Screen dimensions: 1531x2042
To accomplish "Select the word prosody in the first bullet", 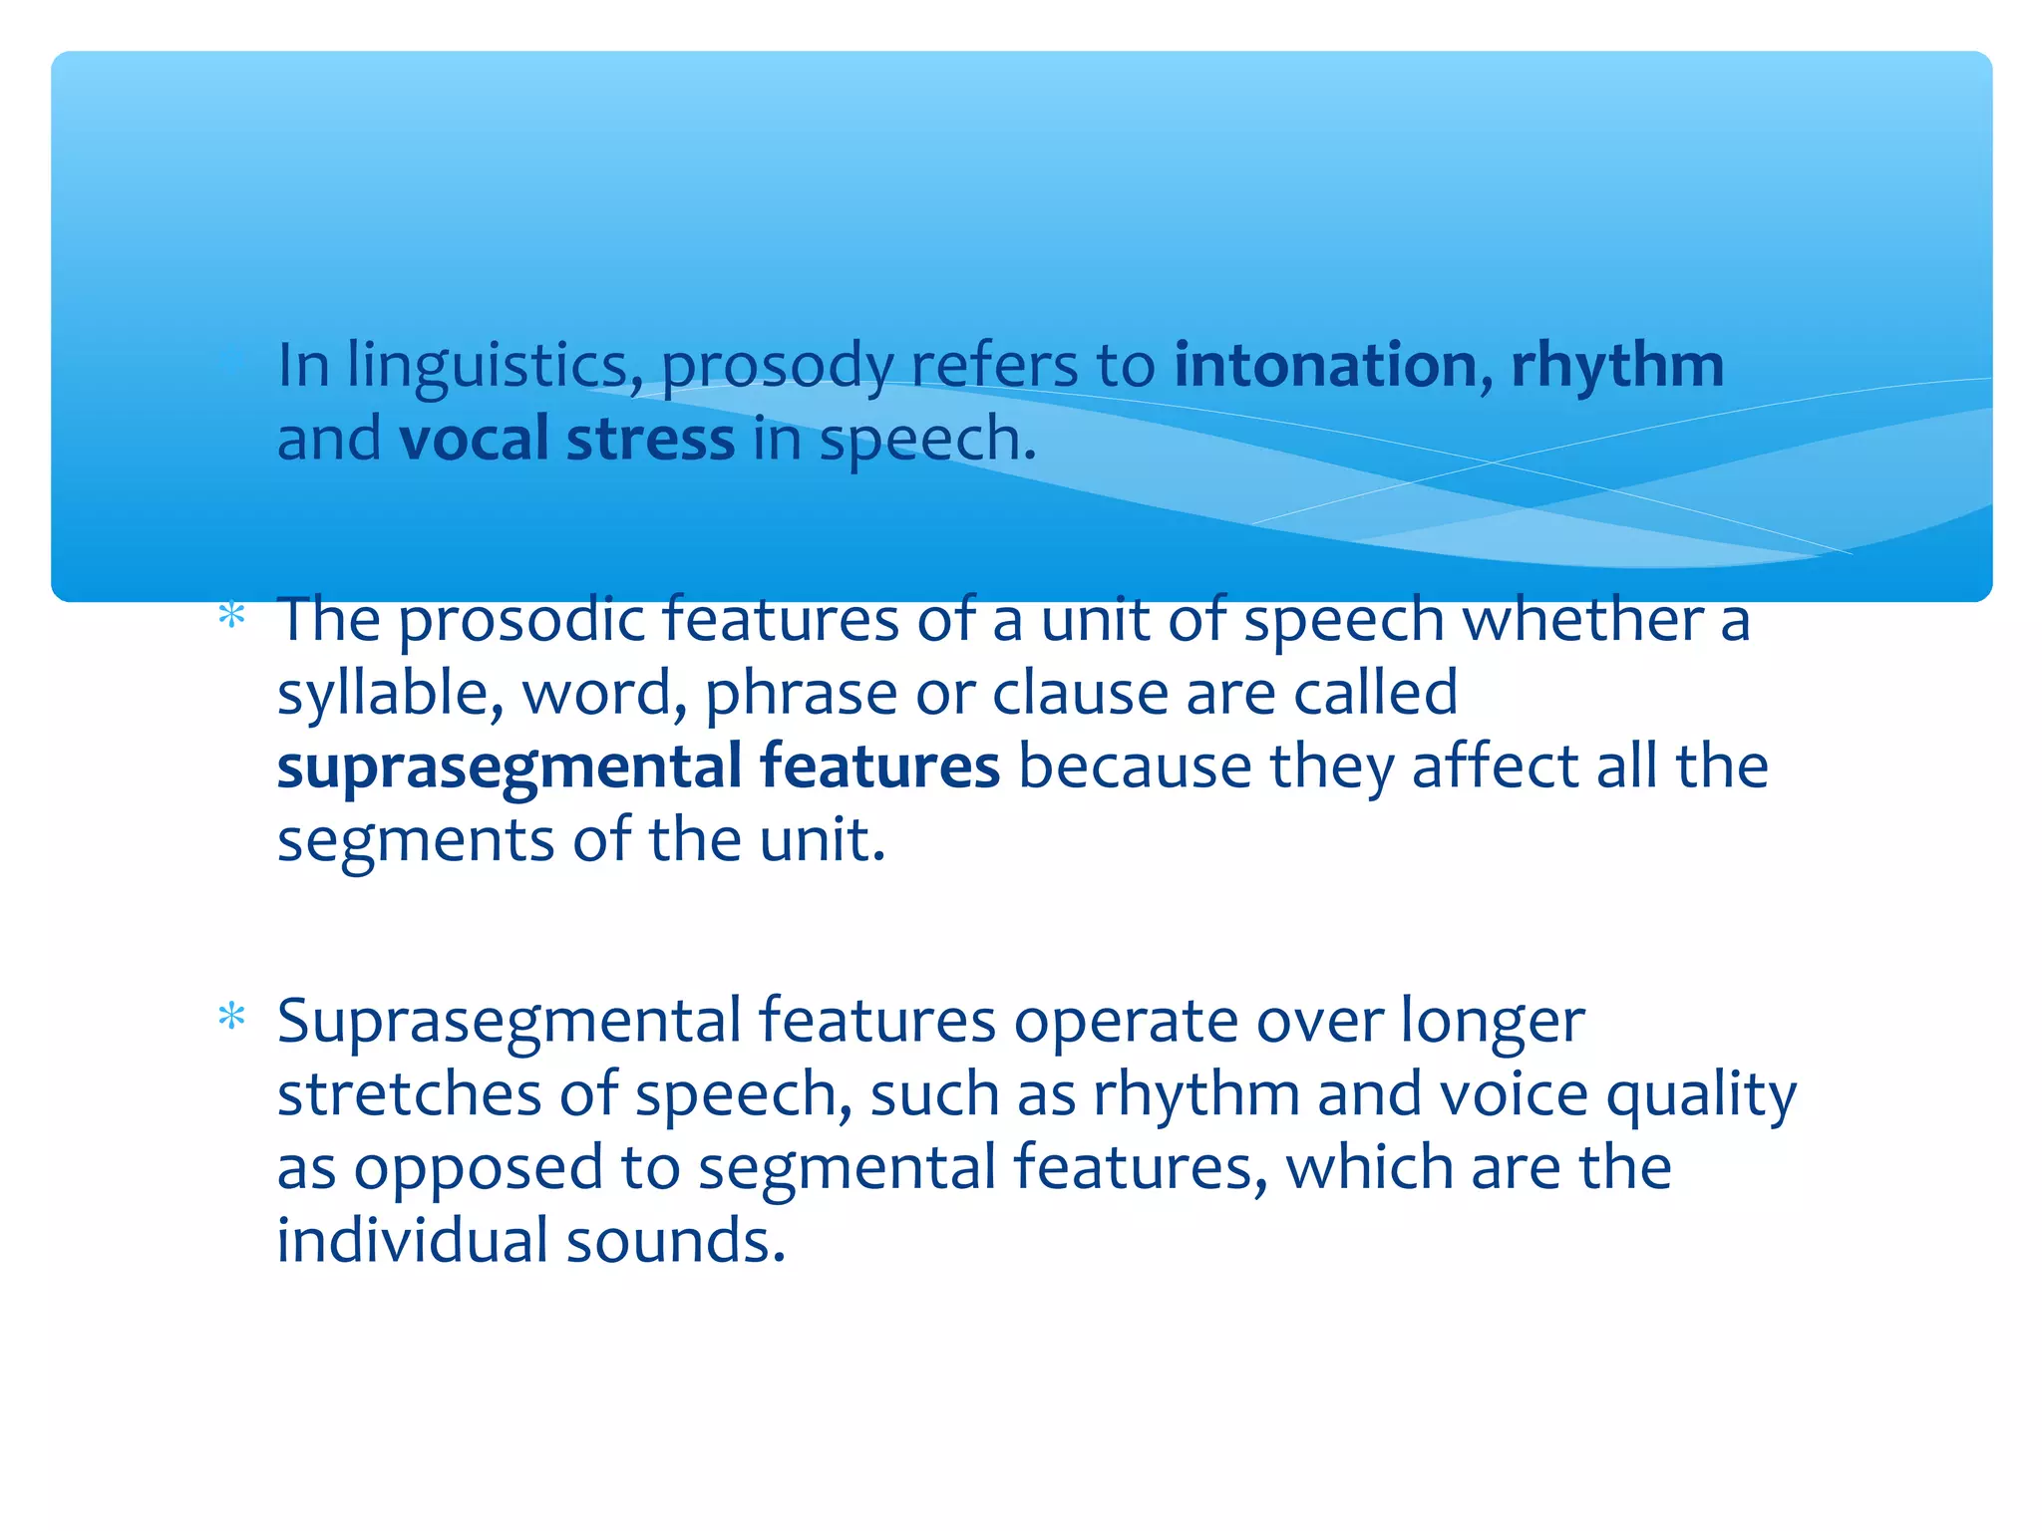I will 777,366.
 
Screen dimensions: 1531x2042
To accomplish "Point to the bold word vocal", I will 474,439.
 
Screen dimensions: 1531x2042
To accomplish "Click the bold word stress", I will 650,439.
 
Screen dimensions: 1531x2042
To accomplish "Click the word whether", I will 1583,619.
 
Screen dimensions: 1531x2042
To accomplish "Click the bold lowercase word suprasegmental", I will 509,767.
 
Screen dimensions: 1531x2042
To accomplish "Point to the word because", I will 1134,766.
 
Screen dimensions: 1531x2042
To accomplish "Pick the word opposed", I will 478,1168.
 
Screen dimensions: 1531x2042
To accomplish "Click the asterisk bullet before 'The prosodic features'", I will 231,616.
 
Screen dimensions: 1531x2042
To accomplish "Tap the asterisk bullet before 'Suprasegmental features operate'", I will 231,1017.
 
